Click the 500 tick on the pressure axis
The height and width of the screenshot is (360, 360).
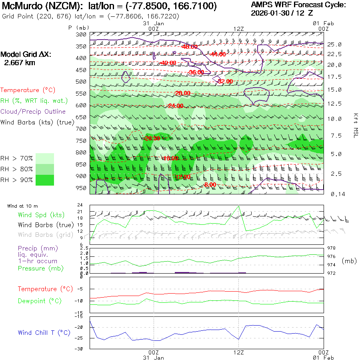coord(81,82)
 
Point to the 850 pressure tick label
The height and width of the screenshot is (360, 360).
coord(81,164)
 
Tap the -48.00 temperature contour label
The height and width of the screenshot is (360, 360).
coord(189,47)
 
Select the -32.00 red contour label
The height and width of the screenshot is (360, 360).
coord(225,81)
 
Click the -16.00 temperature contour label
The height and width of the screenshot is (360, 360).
coord(170,158)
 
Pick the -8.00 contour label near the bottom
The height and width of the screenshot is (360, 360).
coord(210,185)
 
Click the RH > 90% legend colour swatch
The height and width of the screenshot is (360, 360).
coord(45,180)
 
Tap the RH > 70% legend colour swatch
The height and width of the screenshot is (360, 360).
coord(45,158)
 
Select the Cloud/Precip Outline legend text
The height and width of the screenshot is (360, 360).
coord(33,112)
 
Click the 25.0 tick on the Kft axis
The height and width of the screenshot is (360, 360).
coord(334,44)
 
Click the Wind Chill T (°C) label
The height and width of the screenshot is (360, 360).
coord(44,333)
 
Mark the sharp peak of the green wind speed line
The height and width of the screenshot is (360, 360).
coord(239,206)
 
